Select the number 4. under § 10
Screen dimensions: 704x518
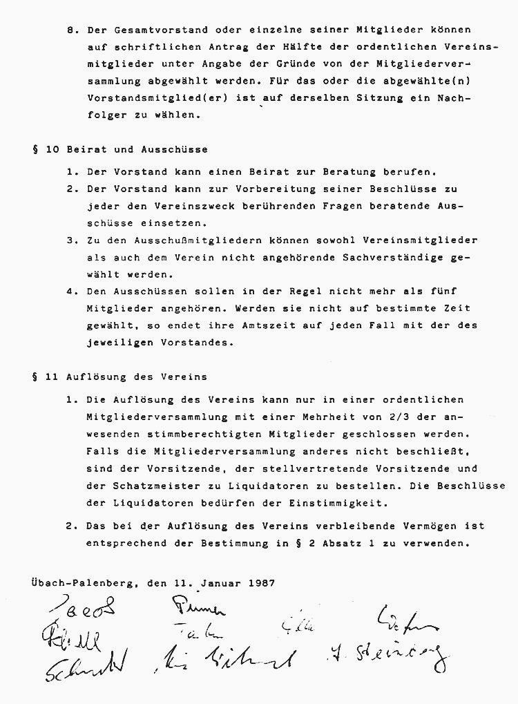click(72, 291)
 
